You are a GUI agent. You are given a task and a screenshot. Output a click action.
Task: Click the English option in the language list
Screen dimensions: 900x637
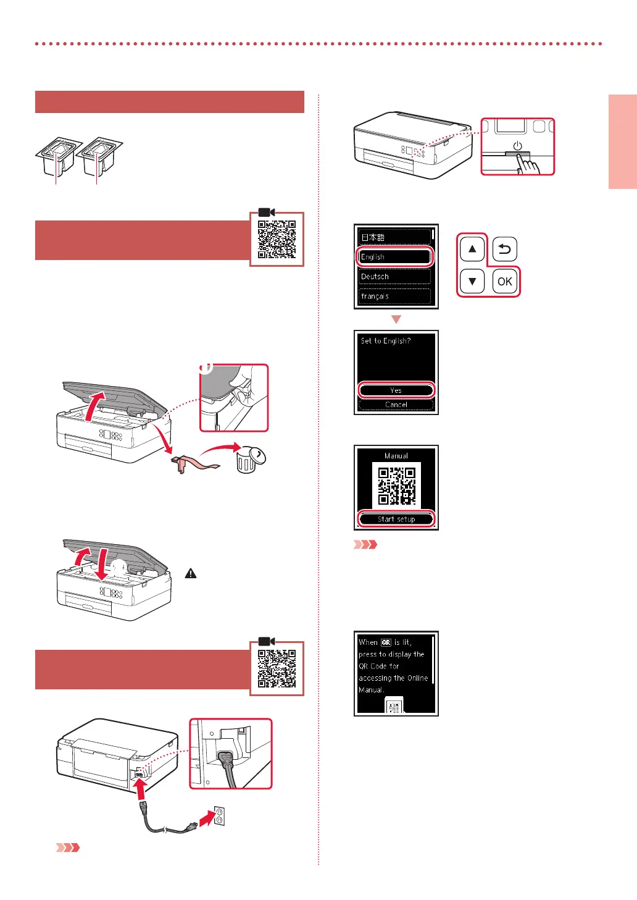coord(395,257)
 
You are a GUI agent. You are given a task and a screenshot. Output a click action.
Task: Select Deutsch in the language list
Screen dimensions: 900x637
coord(395,277)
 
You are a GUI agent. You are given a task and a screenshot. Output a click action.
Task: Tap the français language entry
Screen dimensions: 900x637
coord(395,296)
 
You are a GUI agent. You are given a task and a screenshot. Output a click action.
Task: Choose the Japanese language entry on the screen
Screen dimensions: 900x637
coord(395,237)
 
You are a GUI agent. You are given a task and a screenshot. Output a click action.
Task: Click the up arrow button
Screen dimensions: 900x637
coord(472,250)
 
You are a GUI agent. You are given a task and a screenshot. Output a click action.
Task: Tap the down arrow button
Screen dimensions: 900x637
coord(472,282)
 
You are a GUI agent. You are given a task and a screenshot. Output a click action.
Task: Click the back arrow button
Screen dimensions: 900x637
coord(505,250)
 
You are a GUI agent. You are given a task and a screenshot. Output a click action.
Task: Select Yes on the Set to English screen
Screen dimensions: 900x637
coord(396,390)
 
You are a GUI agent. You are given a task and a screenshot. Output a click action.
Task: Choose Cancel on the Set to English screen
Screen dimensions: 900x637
coord(396,405)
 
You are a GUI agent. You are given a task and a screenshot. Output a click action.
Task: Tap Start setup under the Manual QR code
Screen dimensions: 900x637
coord(396,519)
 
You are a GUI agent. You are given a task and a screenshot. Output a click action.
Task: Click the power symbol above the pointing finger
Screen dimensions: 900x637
coord(517,146)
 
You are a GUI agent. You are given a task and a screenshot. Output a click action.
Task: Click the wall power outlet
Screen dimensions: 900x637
coord(219,816)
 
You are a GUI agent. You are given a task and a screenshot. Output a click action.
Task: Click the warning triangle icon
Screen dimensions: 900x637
coord(191,574)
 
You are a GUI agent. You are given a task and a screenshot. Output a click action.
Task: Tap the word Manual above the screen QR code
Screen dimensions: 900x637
coord(396,456)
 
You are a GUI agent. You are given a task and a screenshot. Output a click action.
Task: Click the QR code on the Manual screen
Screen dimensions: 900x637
coord(396,486)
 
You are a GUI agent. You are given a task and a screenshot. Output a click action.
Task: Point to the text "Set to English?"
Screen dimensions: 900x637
coord(386,341)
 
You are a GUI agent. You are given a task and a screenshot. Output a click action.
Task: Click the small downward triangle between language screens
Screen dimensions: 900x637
coord(396,319)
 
